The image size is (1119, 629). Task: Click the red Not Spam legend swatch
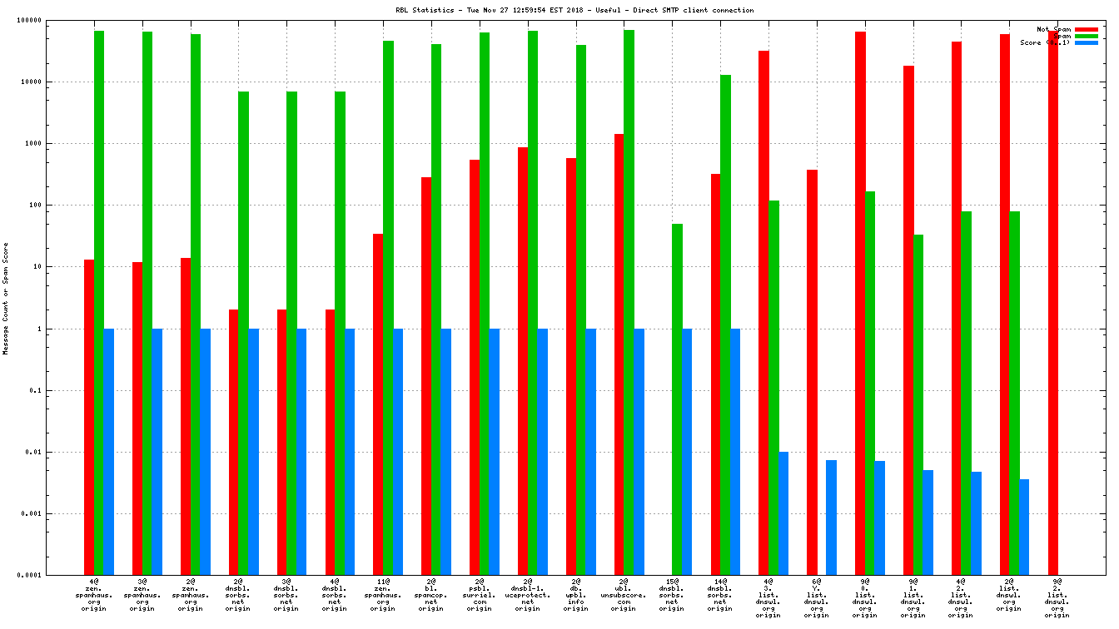point(1087,29)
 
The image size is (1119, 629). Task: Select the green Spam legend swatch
point(1087,36)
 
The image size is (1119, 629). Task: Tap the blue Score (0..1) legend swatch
point(1087,42)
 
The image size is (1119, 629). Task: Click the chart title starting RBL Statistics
point(575,10)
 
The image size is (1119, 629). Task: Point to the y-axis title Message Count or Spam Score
point(6,299)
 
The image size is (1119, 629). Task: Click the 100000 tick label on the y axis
point(52,20)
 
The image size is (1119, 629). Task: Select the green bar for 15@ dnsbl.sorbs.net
point(677,399)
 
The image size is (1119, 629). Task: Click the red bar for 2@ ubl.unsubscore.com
point(619,354)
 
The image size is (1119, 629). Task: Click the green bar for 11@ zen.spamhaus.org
point(388,308)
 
